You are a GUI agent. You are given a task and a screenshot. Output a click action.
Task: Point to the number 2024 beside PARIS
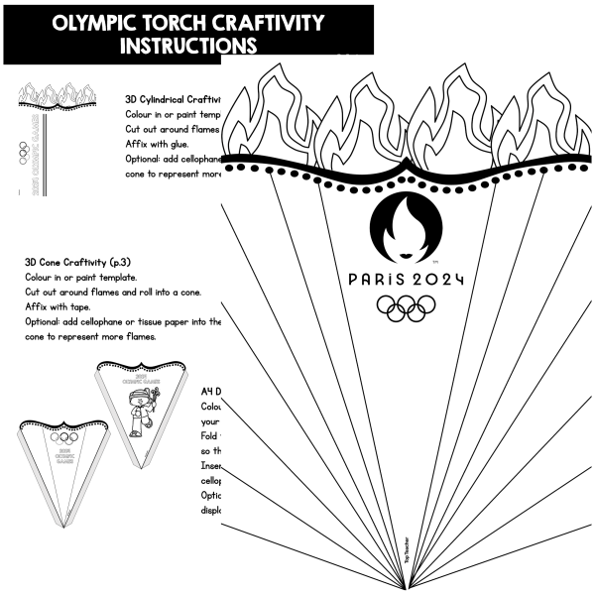point(437,279)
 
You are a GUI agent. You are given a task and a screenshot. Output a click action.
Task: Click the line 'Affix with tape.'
point(59,306)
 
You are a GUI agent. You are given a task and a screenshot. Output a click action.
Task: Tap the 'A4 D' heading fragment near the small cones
point(210,391)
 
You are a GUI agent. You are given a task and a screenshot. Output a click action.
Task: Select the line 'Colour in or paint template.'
point(80,277)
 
